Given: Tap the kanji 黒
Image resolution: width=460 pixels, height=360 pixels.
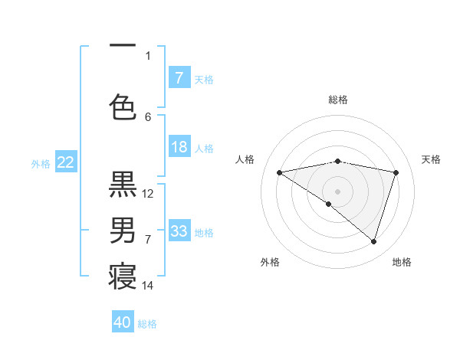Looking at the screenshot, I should (x=123, y=185).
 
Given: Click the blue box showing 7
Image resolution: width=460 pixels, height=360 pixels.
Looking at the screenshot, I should (x=179, y=78).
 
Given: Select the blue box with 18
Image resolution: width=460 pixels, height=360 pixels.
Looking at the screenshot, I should (x=179, y=147).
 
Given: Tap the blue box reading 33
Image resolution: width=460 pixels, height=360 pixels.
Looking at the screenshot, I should (x=179, y=231).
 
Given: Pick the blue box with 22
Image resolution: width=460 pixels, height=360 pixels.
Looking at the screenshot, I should (x=65, y=162).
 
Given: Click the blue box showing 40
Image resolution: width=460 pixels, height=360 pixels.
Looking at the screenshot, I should (x=123, y=322).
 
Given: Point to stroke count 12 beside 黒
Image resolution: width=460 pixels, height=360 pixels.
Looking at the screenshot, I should (x=148, y=193).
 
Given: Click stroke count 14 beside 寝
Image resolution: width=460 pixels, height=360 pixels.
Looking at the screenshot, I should (x=148, y=286).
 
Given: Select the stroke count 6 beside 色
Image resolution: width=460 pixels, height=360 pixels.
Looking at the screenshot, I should (x=148, y=116).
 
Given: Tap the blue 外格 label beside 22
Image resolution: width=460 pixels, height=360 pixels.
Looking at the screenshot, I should (x=41, y=163).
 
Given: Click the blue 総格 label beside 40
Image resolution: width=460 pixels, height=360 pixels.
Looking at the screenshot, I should (x=147, y=323).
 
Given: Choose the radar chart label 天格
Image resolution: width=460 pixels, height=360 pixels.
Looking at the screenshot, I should (x=431, y=159).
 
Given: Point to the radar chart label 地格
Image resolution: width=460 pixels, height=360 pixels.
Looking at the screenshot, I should (x=402, y=262).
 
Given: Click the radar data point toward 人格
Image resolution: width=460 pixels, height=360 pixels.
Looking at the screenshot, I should (x=279, y=172).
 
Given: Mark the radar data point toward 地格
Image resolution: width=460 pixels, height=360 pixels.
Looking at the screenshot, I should (x=373, y=241).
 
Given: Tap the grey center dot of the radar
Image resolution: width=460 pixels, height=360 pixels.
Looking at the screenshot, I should (x=337, y=191).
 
